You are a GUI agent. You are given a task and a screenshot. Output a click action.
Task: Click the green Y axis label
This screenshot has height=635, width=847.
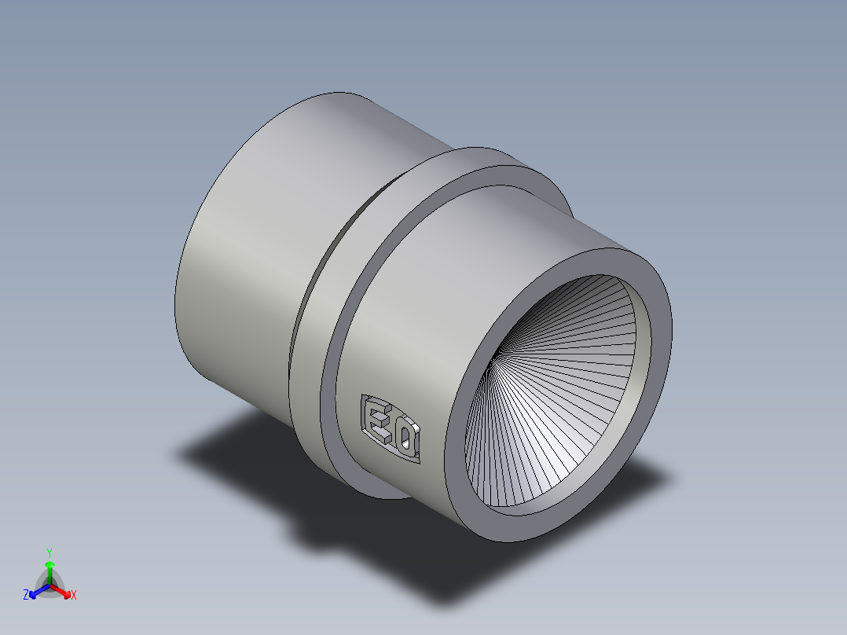pyautogui.click(x=49, y=552)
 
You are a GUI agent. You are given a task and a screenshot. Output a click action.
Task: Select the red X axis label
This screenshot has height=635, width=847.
pyautogui.click(x=74, y=596)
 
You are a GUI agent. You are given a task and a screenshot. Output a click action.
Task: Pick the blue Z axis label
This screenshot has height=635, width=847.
pyautogui.click(x=26, y=596)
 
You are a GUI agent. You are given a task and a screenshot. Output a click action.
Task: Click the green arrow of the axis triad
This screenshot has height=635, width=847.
pyautogui.click(x=49, y=567)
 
